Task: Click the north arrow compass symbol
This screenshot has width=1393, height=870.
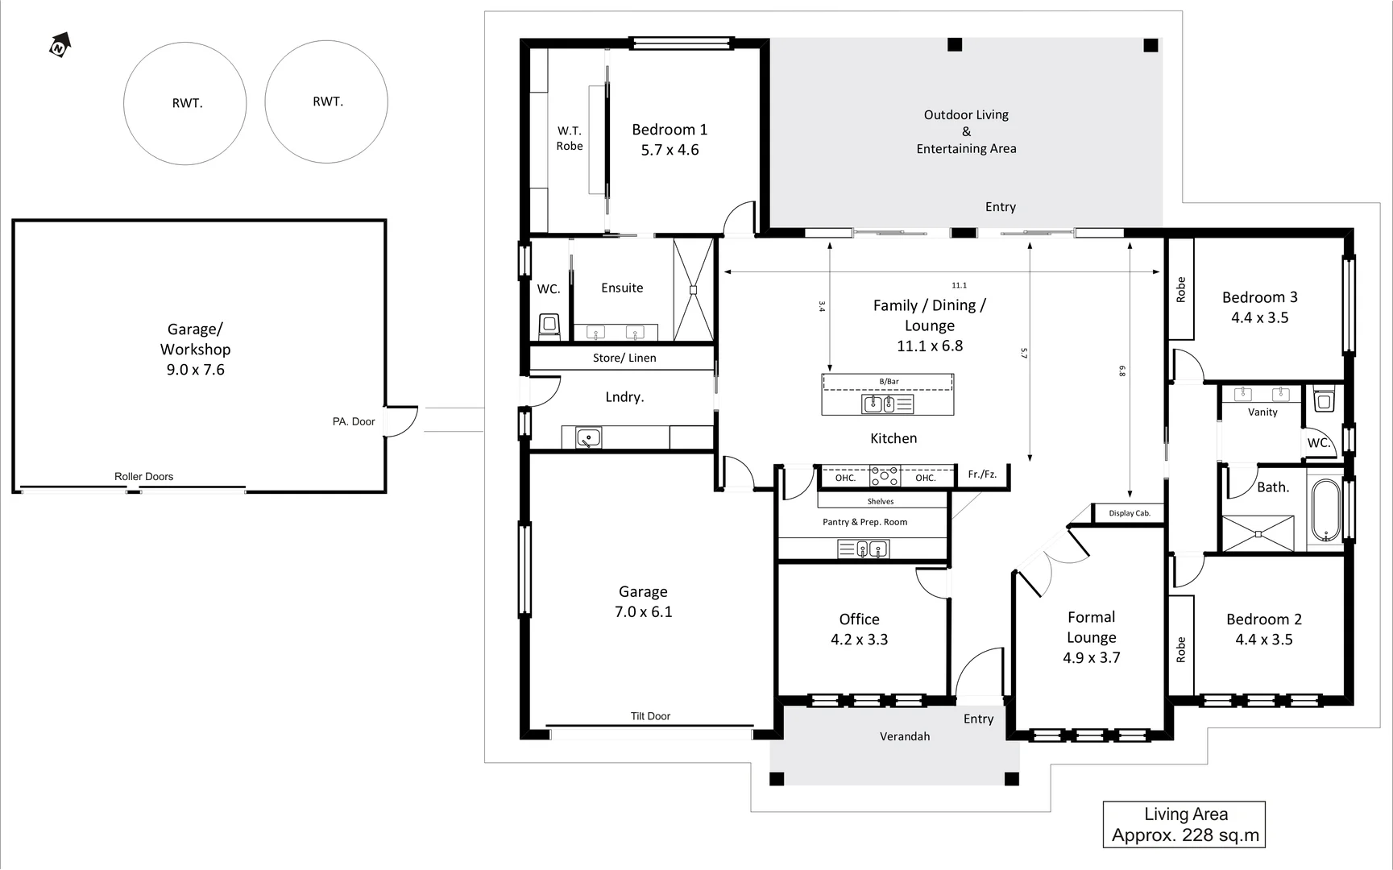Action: click(60, 46)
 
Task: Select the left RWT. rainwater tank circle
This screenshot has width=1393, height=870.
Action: click(185, 103)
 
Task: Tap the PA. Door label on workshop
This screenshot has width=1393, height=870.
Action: click(354, 421)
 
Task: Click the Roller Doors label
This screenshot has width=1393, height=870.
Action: click(143, 476)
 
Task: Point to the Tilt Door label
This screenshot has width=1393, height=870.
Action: click(650, 716)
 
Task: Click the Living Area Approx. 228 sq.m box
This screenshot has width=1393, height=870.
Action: click(1184, 825)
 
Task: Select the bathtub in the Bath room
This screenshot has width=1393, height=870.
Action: click(1325, 511)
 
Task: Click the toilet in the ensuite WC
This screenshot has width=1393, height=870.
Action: click(549, 325)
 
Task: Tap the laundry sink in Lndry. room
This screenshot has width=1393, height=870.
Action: click(588, 437)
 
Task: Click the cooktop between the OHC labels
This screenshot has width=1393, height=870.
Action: click(885, 477)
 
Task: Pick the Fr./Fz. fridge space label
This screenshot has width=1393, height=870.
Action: click(982, 474)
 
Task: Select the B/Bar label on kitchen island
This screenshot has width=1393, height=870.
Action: click(889, 381)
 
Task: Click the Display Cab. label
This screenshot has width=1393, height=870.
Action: click(1129, 513)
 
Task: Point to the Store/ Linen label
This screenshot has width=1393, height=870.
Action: click(624, 358)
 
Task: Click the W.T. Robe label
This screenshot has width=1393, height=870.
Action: click(569, 138)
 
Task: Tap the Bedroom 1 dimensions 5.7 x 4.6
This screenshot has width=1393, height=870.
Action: click(670, 150)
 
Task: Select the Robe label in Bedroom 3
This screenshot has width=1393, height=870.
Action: click(1181, 289)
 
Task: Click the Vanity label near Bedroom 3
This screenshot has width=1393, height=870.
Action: click(1262, 412)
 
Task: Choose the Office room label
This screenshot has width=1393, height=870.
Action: click(859, 619)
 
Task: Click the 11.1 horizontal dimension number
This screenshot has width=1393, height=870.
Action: click(959, 285)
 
